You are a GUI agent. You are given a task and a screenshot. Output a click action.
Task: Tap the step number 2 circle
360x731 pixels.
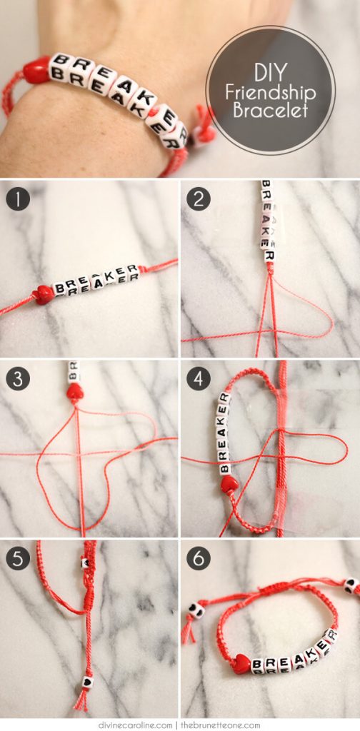pos(198,198)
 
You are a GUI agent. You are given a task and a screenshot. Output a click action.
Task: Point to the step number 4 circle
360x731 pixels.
pos(198,378)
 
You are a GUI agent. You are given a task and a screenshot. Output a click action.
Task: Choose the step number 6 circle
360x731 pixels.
pos(198,558)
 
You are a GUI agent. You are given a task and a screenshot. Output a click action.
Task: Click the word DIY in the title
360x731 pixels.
pos(270,73)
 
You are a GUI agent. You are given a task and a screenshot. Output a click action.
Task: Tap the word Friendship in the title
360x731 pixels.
pos(270,93)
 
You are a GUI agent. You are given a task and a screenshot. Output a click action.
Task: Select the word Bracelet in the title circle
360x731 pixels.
pos(270,111)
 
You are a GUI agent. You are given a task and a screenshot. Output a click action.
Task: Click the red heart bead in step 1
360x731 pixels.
pos(44,293)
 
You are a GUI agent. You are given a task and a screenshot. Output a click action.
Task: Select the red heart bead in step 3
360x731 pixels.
pos(74,391)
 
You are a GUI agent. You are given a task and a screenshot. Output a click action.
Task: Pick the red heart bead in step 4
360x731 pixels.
pos(229,485)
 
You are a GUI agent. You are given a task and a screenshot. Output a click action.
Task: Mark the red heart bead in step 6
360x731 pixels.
pos(241,663)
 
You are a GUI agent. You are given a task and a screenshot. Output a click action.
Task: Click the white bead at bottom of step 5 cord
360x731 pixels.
pos(85,680)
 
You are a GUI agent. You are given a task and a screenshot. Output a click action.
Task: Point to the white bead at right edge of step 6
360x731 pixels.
pos(351,585)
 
